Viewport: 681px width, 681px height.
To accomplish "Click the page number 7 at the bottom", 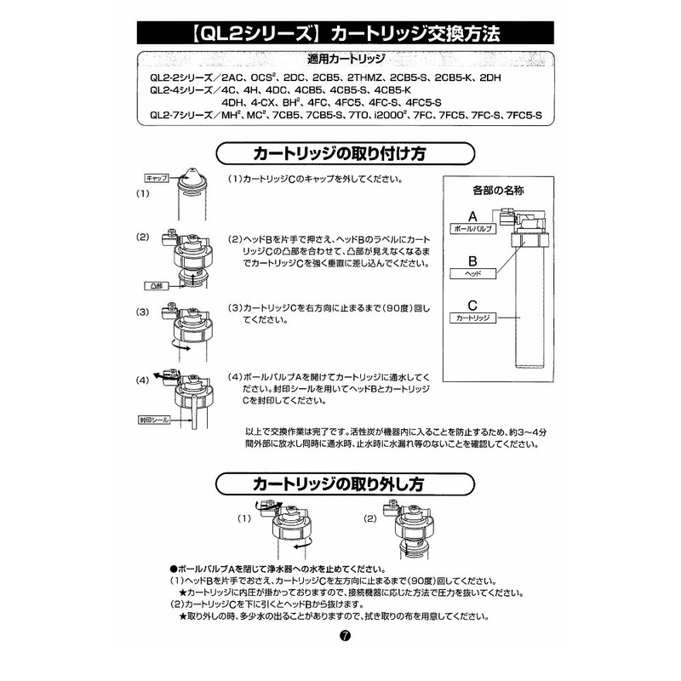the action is coord(342,636).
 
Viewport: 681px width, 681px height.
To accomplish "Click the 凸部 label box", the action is coord(156,286).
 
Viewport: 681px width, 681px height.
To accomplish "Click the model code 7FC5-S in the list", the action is coord(521,115).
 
